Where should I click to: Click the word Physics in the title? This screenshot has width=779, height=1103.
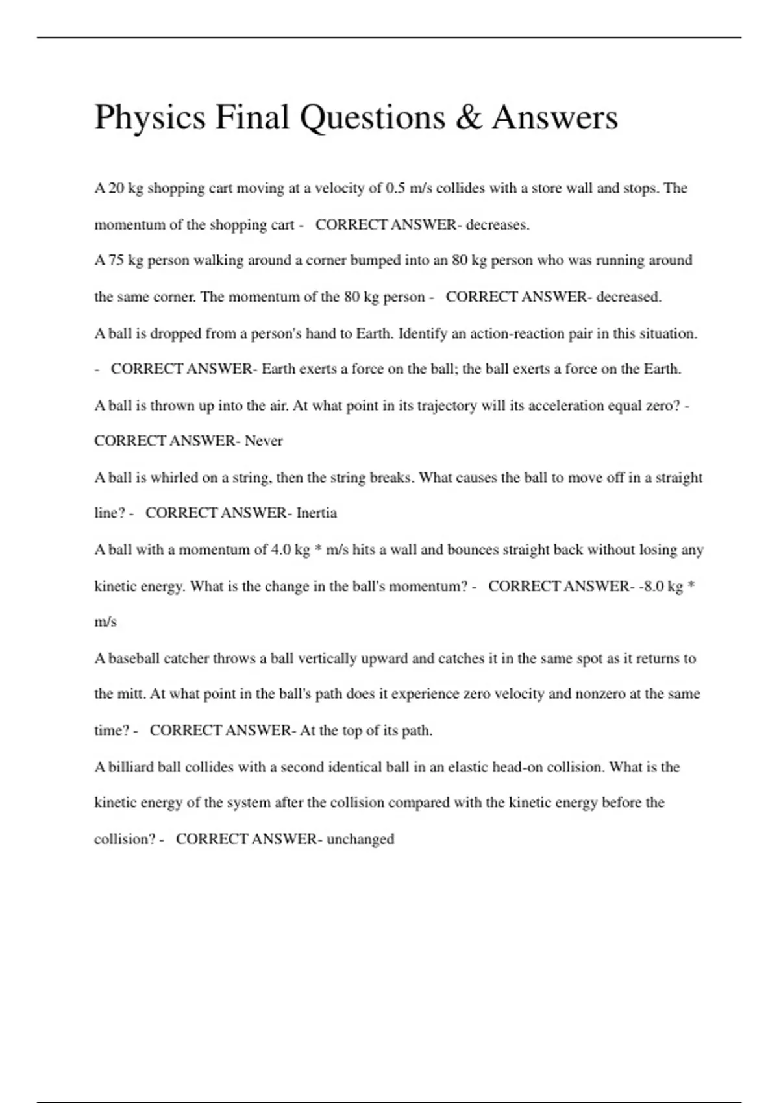[x=150, y=118]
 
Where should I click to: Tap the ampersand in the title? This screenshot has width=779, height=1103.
[x=468, y=118]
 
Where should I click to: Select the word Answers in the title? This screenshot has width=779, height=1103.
[x=554, y=118]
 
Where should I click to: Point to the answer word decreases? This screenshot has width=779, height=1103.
[x=497, y=225]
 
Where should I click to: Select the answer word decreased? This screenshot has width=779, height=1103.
[x=628, y=297]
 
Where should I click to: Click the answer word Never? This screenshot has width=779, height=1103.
[x=264, y=441]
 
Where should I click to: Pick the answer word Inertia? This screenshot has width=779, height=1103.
[x=316, y=513]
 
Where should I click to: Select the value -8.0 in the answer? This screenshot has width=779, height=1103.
[x=651, y=587]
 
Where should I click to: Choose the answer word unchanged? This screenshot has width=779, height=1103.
[x=360, y=840]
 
